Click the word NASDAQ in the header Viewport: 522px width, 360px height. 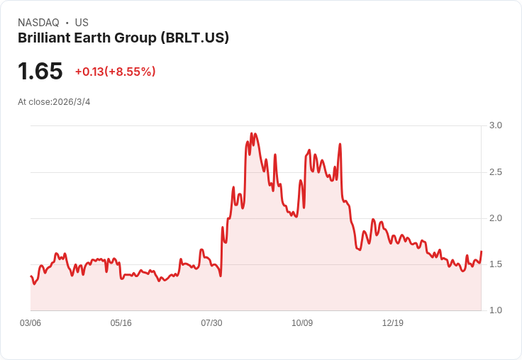click(x=38, y=23)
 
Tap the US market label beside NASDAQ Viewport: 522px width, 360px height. click(x=82, y=23)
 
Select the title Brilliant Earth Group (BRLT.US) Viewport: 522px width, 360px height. click(x=123, y=38)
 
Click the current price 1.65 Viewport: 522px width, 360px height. click(x=40, y=72)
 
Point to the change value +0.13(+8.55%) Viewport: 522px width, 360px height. click(x=115, y=72)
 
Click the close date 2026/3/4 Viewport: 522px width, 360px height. click(x=71, y=102)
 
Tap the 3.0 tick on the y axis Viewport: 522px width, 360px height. click(x=496, y=125)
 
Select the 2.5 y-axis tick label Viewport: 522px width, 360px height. click(x=496, y=172)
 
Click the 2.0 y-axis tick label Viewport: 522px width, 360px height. click(x=496, y=218)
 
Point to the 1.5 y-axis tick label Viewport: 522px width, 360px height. click(x=496, y=264)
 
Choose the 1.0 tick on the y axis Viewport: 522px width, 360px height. click(x=496, y=310)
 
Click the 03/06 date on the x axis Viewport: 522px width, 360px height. click(x=30, y=323)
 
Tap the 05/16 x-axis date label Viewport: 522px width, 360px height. click(x=121, y=323)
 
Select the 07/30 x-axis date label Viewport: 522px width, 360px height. click(x=211, y=323)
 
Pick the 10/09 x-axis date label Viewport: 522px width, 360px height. click(x=302, y=323)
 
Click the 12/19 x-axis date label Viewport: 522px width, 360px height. click(x=393, y=323)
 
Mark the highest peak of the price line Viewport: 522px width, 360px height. click(x=252, y=133)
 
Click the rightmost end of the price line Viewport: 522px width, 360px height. click(x=482, y=252)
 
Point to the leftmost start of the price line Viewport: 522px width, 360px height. click(x=30, y=276)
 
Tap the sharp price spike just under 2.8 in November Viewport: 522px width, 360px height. click(x=340, y=145)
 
